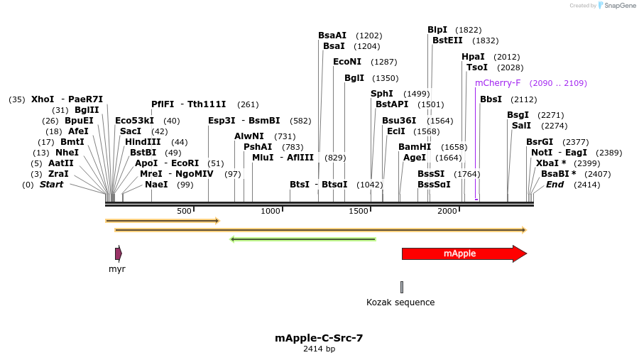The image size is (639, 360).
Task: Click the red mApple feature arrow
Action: coord(461,253)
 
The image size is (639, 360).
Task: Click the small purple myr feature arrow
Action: coord(119,253)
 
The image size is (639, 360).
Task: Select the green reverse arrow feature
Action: coord(303,239)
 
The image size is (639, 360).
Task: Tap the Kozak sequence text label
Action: coord(400,302)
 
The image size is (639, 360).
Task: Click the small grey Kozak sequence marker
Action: coord(402,287)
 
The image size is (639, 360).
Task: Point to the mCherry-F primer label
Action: coord(498,83)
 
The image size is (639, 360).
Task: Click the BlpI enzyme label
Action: coord(437,30)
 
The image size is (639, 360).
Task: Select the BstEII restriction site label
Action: coord(447,40)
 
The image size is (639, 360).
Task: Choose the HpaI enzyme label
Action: coord(473,57)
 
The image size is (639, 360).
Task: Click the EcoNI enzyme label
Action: coord(347,62)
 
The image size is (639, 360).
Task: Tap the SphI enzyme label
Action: coord(382,94)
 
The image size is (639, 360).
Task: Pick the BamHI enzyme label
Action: coord(415,147)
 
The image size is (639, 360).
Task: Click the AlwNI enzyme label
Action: coord(249,136)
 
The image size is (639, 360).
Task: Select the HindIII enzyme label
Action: coord(143,142)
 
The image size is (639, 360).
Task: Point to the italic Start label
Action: coord(51,185)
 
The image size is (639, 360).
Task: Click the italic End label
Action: coord(555,185)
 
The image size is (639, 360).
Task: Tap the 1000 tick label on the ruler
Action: coord(271,211)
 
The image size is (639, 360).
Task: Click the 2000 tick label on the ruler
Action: coord(447,211)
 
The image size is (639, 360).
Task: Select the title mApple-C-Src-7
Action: coord(319,338)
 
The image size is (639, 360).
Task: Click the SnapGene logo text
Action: coord(621,6)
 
